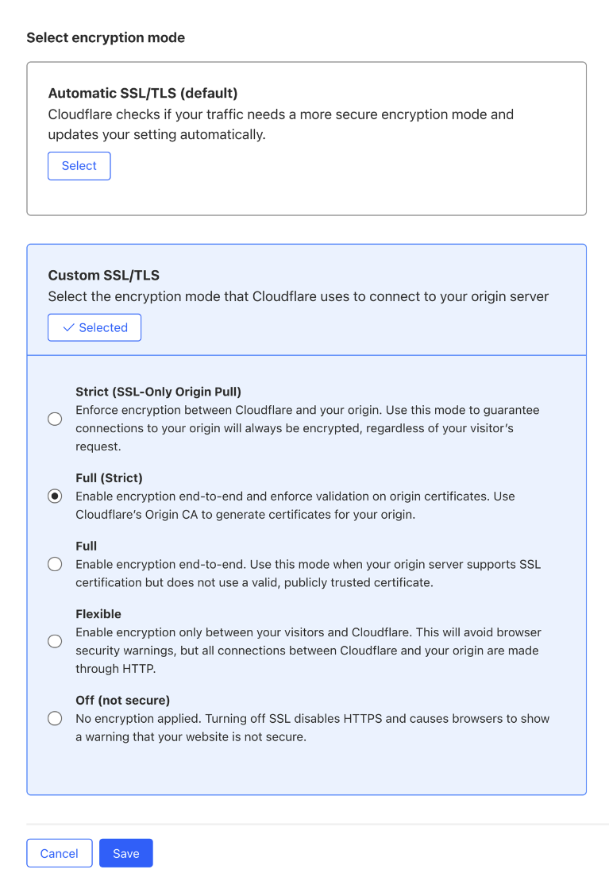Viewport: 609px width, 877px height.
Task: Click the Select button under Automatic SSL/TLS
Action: [79, 166]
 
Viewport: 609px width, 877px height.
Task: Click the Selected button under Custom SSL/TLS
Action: [94, 327]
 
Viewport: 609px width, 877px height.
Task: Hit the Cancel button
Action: [60, 853]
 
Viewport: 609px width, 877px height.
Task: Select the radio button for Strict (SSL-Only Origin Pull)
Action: [55, 419]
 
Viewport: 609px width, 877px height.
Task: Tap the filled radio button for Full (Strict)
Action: [55, 496]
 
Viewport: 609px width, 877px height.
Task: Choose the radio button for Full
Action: [55, 564]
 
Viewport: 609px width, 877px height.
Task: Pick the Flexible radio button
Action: [55, 641]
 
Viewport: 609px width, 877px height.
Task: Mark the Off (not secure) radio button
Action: [55, 718]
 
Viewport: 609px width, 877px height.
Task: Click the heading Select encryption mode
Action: [106, 37]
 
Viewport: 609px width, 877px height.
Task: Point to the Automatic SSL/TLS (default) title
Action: [143, 94]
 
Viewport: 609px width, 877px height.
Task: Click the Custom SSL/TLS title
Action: [104, 276]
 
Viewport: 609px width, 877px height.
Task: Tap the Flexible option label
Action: [98, 614]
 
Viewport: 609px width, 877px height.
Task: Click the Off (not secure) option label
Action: [122, 701]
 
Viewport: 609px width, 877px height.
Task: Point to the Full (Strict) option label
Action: [109, 478]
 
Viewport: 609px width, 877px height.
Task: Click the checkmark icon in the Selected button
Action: [68, 327]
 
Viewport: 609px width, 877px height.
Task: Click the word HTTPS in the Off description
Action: [365, 719]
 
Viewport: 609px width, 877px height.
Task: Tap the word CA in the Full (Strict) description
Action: [185, 514]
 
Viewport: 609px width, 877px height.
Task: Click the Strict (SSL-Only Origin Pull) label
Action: [158, 392]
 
